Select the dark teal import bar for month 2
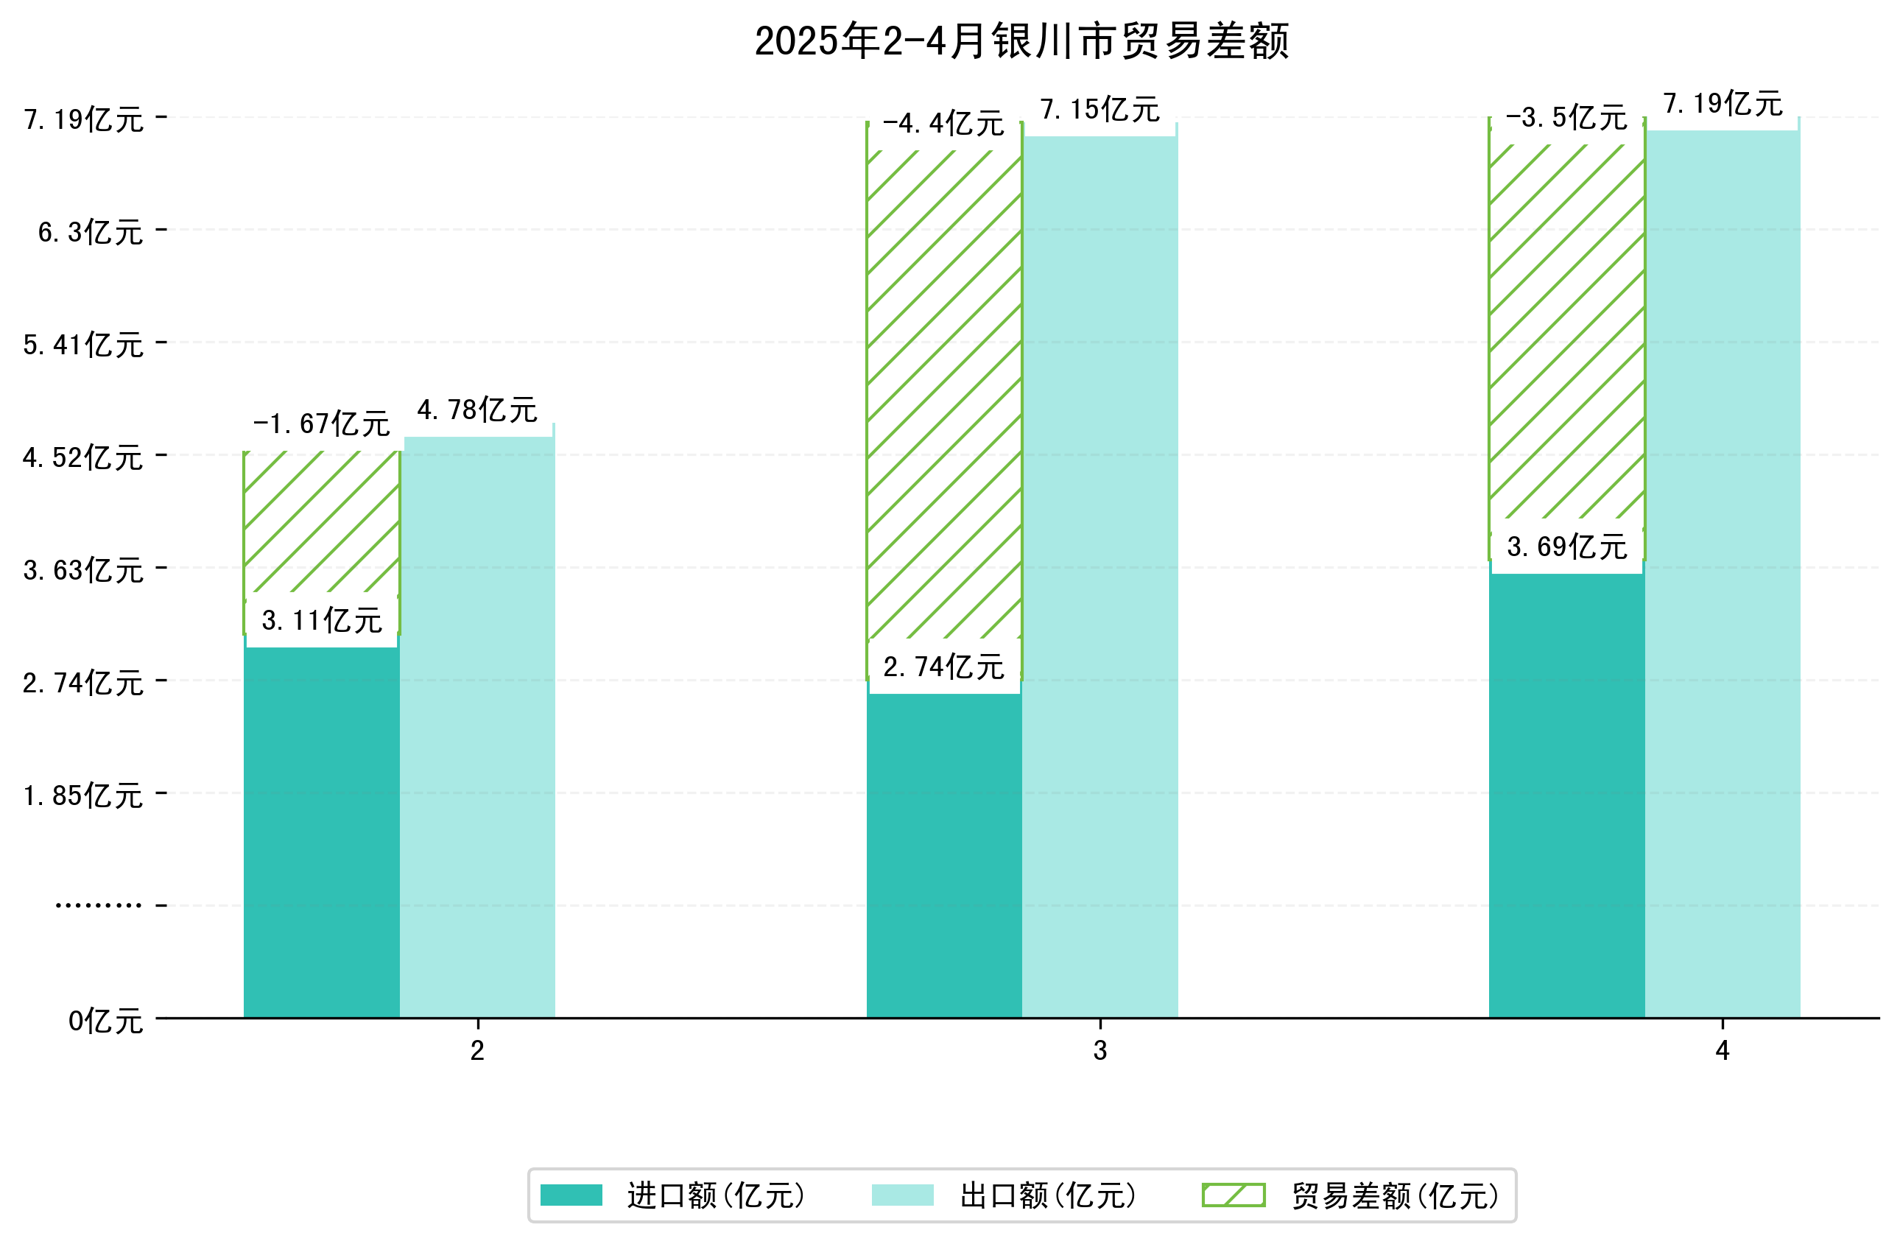pyautogui.click(x=321, y=830)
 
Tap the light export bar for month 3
pyautogui.click(x=1099, y=575)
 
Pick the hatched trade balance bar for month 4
pyautogui.click(x=1566, y=335)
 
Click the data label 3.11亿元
pyautogui.click(x=322, y=620)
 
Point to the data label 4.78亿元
pyautogui.click(x=477, y=410)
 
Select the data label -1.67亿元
pyautogui.click(x=321, y=424)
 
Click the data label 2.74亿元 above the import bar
pyautogui.click(x=943, y=667)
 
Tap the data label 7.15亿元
pyautogui.click(x=1099, y=110)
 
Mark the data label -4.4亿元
pyautogui.click(x=943, y=124)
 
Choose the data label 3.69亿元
pyautogui.click(x=1566, y=547)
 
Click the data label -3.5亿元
pyautogui.click(x=1566, y=118)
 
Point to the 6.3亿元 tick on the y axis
pyautogui.click(x=90, y=232)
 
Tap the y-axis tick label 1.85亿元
pyautogui.click(x=83, y=796)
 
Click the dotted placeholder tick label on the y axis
pyautogui.click(x=98, y=906)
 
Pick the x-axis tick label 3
pyautogui.click(x=1099, y=1051)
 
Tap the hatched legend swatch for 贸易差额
pyautogui.click(x=1233, y=1195)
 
